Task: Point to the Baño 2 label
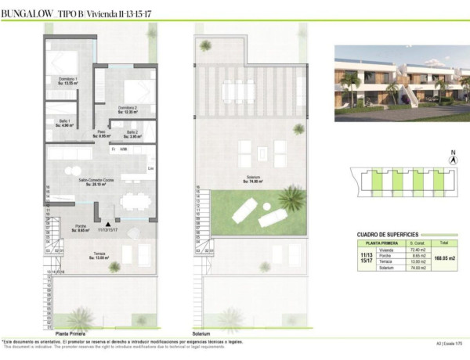pos(133,132)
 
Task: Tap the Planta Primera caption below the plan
pos(70,332)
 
